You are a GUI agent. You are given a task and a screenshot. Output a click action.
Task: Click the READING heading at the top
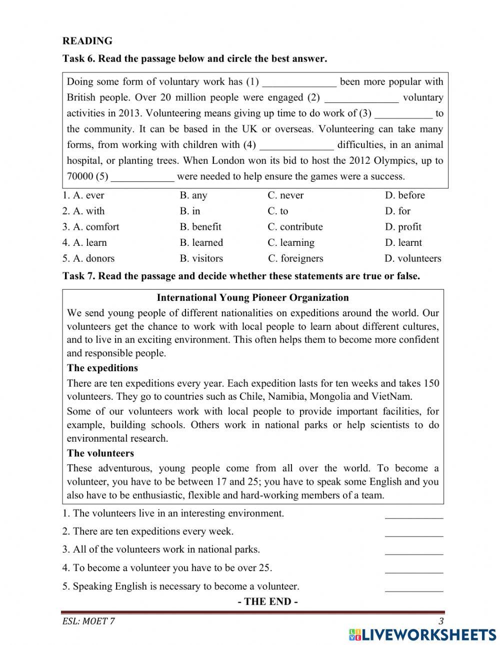pyautogui.click(x=87, y=41)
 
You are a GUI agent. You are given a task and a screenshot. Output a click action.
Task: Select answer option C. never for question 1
pyautogui.click(x=285, y=195)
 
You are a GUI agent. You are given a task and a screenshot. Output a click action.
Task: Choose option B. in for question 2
pyautogui.click(x=190, y=211)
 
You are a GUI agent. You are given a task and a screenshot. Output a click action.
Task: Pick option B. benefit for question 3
pyautogui.click(x=200, y=227)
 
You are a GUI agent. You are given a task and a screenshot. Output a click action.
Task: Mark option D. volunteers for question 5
pyautogui.click(x=413, y=258)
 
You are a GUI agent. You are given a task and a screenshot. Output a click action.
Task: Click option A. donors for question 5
pyautogui.click(x=88, y=258)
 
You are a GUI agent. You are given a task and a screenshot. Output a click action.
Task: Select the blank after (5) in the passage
pyautogui.click(x=142, y=177)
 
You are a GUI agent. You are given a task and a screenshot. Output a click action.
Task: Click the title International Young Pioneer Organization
pyautogui.click(x=252, y=298)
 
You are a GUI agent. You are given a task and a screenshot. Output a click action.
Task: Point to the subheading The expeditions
pyautogui.click(x=102, y=368)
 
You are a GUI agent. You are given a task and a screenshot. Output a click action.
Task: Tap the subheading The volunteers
pyautogui.click(x=100, y=454)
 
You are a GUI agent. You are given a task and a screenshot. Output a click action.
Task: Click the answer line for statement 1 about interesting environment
pyautogui.click(x=413, y=516)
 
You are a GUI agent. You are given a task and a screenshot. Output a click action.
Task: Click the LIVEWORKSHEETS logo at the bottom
pyautogui.click(x=422, y=634)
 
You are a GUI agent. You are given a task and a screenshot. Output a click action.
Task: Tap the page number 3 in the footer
pyautogui.click(x=440, y=622)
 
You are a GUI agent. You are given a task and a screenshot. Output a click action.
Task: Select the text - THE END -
pyautogui.click(x=268, y=602)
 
